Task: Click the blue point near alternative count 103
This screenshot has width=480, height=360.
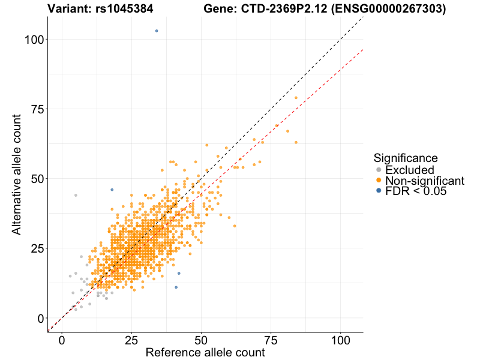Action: [157, 31]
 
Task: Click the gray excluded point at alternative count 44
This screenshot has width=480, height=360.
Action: [76, 195]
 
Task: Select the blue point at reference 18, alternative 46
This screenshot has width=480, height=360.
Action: [112, 190]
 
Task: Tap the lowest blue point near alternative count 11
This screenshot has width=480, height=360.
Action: [176, 287]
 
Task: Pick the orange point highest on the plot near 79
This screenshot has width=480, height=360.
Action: [296, 98]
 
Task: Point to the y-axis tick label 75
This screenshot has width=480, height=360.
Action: [35, 109]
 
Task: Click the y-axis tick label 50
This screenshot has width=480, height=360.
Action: [35, 179]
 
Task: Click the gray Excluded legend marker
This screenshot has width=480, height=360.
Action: [378, 170]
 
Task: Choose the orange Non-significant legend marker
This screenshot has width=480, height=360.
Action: [378, 181]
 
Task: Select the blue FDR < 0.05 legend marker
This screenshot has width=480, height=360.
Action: [378, 191]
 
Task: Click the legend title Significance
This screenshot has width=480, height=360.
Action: [405, 158]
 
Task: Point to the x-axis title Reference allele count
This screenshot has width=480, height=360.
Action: [205, 353]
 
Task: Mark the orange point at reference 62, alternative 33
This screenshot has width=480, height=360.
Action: [235, 226]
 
